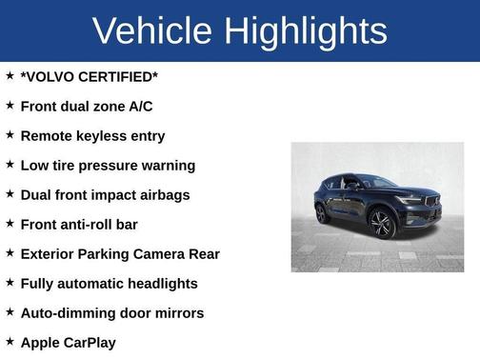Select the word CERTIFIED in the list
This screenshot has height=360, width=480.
pos(122,76)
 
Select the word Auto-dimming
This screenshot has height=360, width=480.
pos(68,312)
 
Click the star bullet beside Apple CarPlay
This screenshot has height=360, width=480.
pos(10,340)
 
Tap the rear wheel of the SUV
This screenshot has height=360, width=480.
pos(323,213)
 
